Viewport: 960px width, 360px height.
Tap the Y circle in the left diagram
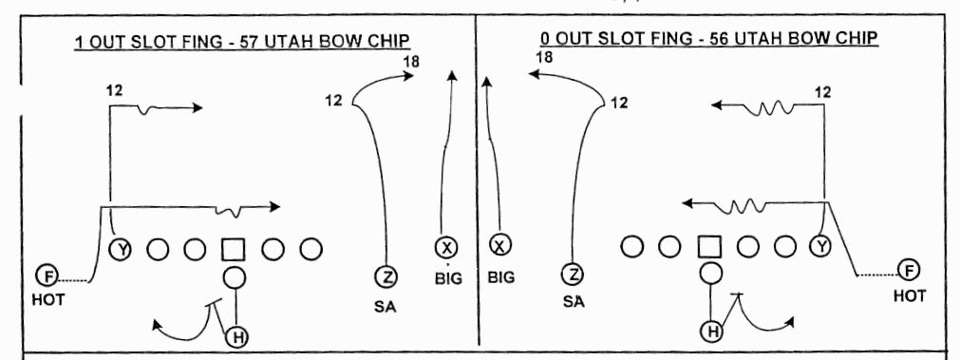tap(122, 249)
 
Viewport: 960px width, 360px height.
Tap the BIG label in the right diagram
tap(500, 280)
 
